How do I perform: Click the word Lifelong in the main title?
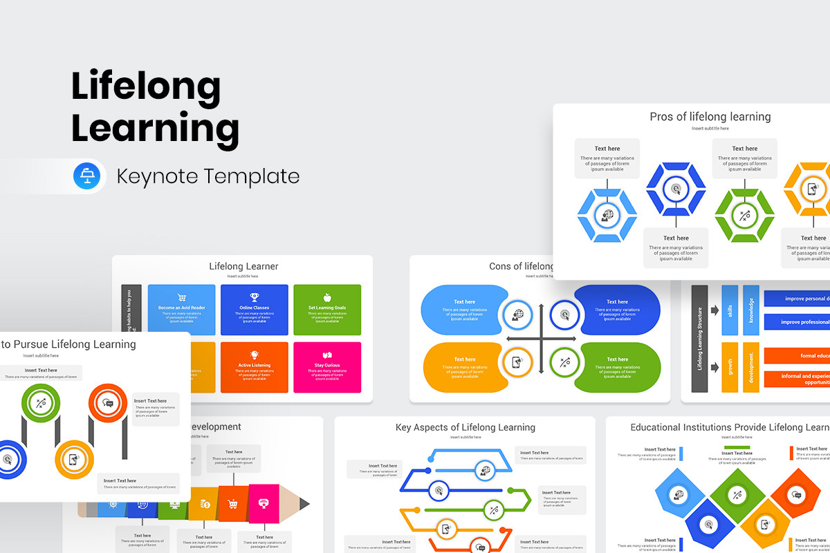(x=146, y=88)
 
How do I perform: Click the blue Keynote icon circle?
(x=87, y=176)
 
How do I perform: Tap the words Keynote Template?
(x=208, y=176)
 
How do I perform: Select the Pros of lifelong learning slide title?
(x=710, y=117)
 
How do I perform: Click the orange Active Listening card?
(x=254, y=366)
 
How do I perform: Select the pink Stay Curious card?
(x=327, y=366)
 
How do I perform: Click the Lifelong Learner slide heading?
(x=243, y=266)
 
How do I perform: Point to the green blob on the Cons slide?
(x=616, y=366)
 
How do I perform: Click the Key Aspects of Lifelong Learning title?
(x=465, y=427)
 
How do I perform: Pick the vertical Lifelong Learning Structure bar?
(x=699, y=339)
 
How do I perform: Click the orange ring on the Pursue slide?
(x=107, y=403)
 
